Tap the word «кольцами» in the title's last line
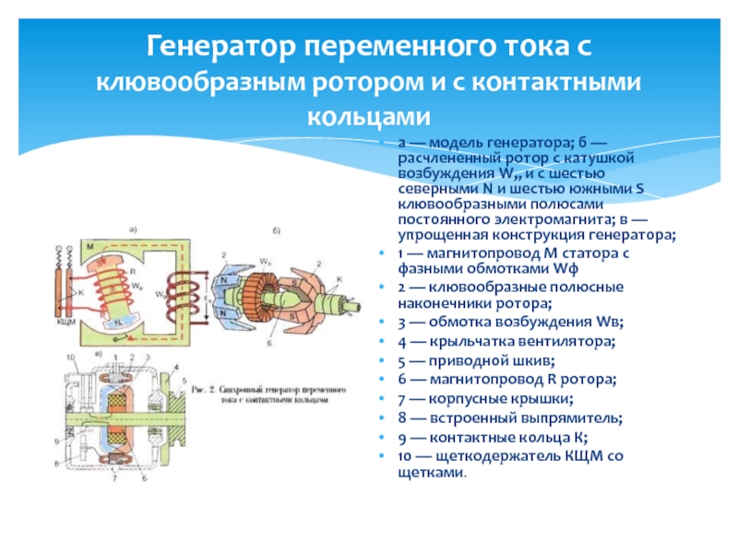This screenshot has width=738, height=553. click(x=368, y=117)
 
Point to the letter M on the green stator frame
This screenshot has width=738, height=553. click(x=90, y=248)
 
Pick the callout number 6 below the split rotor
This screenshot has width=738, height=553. click(x=268, y=342)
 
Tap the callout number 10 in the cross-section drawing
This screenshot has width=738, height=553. click(x=69, y=356)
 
